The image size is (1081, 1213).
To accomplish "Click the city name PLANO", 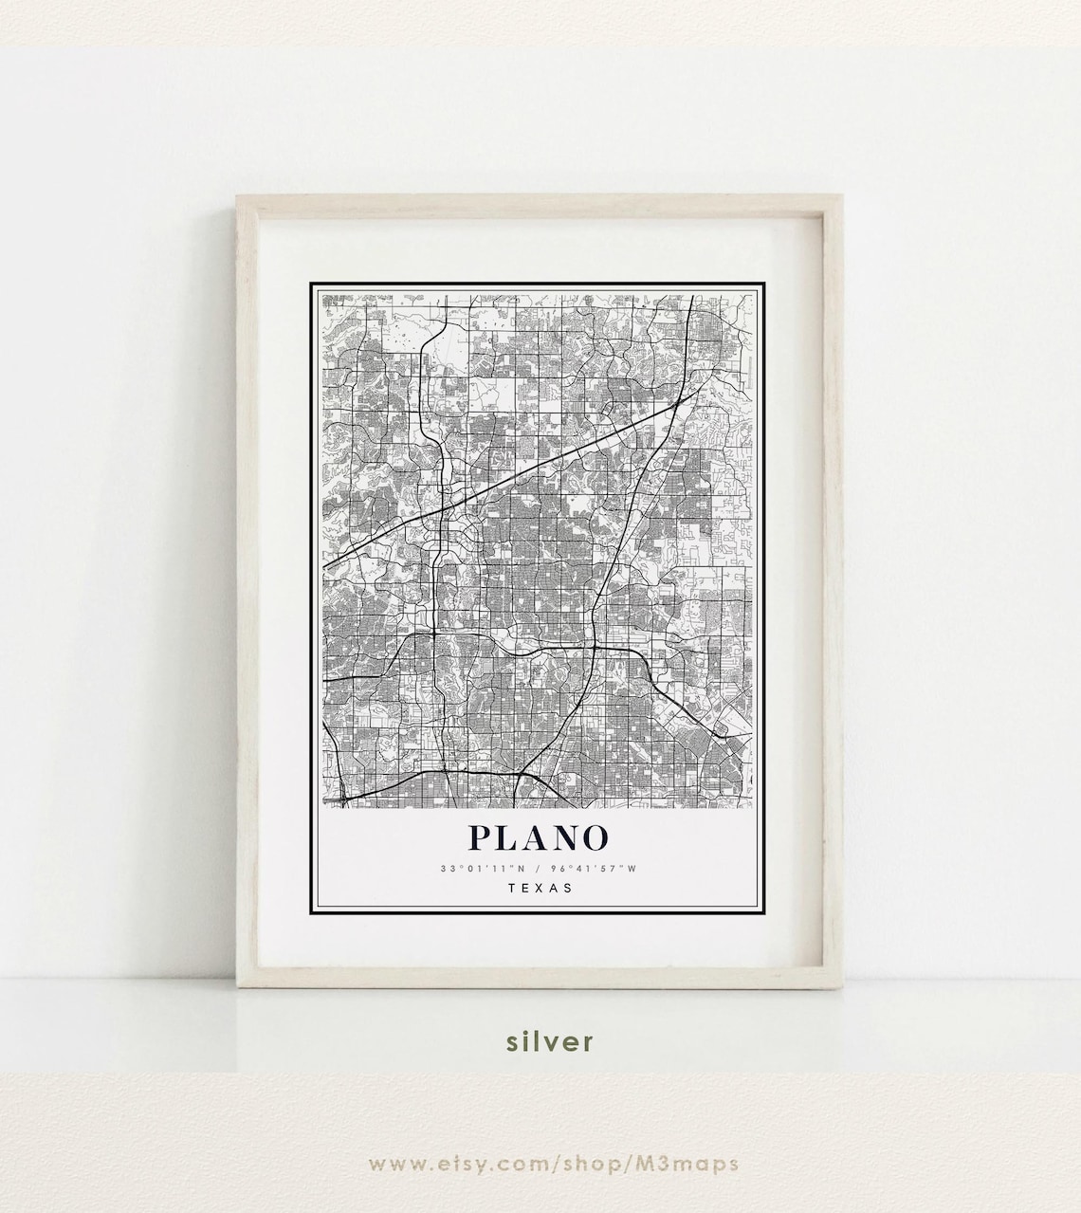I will [x=538, y=837].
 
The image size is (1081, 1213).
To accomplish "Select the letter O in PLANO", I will [x=594, y=837].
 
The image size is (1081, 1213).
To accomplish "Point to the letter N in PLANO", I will [x=565, y=837].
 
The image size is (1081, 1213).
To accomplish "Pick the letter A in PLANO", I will [x=536, y=837].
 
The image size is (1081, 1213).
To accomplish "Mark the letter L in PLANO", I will [x=507, y=837].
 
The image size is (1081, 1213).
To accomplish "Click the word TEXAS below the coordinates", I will [x=540, y=889].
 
